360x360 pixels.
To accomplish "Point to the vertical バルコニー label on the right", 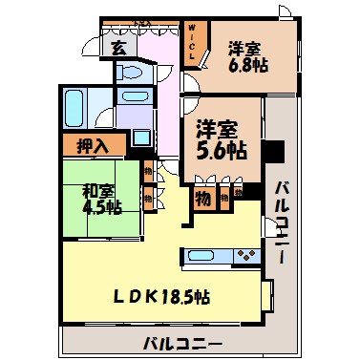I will (x=279, y=216).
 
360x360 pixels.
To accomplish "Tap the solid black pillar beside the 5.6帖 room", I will (x=271, y=151).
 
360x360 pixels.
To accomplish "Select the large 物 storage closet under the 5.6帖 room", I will (x=203, y=199).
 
